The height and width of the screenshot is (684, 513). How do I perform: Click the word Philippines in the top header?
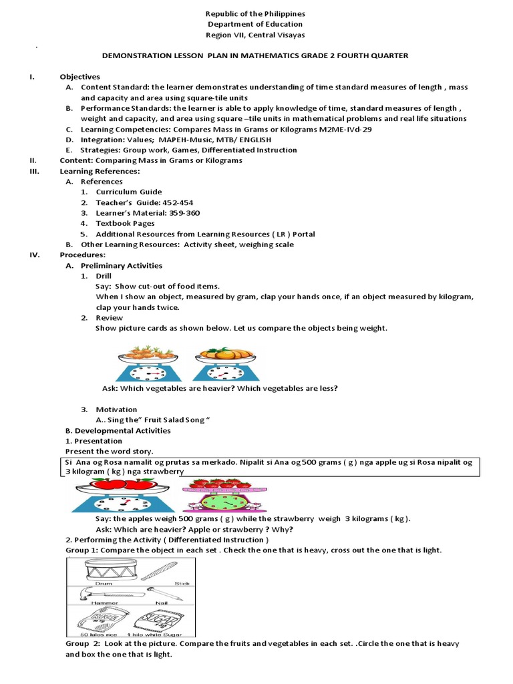276,13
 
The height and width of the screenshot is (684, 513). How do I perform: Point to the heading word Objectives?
79,77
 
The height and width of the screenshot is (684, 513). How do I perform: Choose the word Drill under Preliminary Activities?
104,276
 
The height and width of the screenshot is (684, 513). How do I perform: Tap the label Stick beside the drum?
182,584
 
